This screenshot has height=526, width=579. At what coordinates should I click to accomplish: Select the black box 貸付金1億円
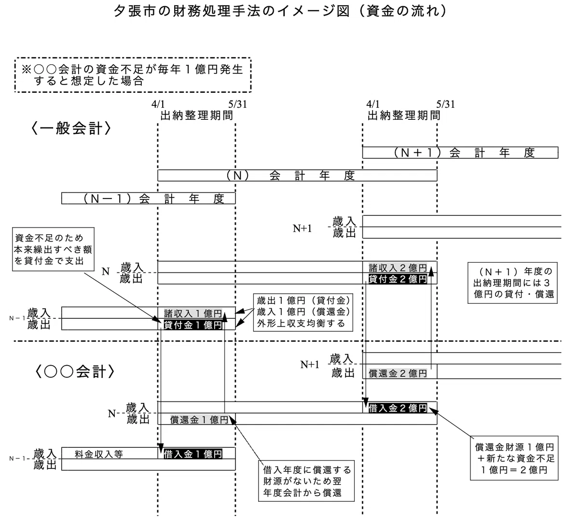click(193, 325)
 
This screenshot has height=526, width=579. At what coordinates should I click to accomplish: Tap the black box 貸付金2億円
click(398, 279)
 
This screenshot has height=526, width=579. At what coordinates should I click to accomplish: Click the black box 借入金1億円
click(193, 454)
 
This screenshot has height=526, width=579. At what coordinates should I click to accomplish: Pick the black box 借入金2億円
click(398, 408)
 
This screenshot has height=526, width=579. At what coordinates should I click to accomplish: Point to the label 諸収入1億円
click(193, 313)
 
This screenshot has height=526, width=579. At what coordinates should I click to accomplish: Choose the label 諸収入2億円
click(398, 268)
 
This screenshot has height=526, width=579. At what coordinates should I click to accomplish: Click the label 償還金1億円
click(199, 420)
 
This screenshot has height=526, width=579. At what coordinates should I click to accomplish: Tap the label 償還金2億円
click(398, 373)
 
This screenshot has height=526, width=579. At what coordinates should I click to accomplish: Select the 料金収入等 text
click(99, 454)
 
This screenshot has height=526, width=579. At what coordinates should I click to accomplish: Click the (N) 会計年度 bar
click(297, 175)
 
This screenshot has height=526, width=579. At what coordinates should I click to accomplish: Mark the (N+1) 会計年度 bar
click(460, 153)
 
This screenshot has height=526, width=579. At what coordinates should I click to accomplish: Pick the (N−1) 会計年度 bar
click(148, 199)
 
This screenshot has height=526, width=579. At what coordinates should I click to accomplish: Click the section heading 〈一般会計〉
click(71, 128)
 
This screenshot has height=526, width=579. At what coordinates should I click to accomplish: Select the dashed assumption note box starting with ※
click(133, 75)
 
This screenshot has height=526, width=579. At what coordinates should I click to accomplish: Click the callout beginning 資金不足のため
click(53, 249)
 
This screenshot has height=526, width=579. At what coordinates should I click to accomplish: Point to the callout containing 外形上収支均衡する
click(303, 313)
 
